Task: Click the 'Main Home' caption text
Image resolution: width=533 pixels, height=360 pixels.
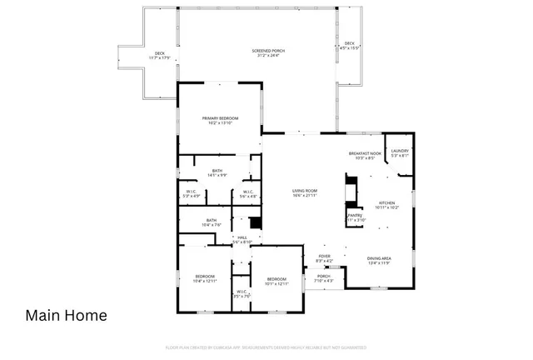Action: coord(66,316)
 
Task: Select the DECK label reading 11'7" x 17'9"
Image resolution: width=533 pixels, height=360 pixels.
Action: coord(158,56)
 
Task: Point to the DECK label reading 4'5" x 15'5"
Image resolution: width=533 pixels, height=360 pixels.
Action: coord(349,45)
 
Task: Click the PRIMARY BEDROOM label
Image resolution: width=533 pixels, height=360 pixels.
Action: coord(220,121)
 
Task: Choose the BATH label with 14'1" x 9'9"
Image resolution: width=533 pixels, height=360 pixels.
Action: coord(217,172)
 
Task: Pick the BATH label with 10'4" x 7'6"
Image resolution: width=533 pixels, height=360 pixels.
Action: coord(212,222)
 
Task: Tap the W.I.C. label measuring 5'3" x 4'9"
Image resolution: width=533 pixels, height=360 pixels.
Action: coord(191,195)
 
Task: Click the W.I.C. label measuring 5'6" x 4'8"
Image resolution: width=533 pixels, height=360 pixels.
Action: coord(248,195)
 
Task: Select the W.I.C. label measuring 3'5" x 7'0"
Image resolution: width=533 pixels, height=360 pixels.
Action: coord(241,293)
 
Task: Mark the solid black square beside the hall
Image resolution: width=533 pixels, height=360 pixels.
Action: coord(256,222)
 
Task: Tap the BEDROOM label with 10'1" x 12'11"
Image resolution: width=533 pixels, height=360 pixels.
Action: coord(276,282)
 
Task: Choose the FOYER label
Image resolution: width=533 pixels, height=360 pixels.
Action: coord(324,258)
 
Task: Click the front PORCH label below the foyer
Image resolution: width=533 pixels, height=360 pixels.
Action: coord(323,278)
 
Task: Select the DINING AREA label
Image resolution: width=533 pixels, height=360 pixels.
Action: coord(379,261)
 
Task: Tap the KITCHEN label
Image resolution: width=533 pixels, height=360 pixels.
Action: coord(387,204)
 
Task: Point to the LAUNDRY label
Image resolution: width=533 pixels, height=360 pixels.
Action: coord(399,152)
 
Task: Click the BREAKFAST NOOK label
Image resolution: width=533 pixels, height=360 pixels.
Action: coord(365,155)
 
